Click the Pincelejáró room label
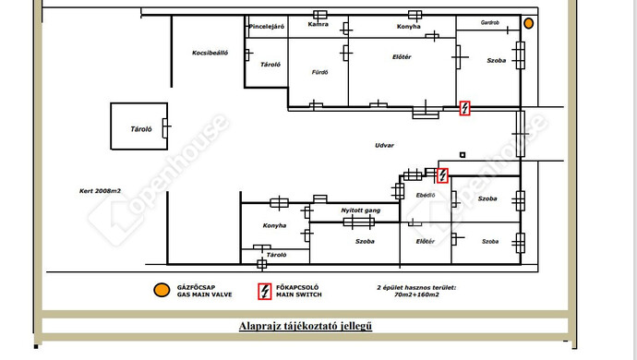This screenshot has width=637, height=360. point(267,27)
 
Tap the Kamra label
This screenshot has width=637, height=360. point(318,24)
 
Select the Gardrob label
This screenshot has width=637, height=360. point(490,23)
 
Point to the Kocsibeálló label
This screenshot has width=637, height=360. point(210,53)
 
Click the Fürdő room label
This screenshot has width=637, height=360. point(319,72)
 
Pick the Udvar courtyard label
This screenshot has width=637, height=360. point(384,145)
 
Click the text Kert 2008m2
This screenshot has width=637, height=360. point(100,190)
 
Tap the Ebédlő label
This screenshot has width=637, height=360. point(426,196)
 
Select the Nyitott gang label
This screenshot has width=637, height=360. point(361,210)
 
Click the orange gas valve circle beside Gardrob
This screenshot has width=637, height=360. point(528,24)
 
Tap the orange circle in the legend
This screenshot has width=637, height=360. point(162,290)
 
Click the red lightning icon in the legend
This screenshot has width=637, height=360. point(265,292)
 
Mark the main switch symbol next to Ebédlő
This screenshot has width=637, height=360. point(442,175)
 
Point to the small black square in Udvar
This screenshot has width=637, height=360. point(463,155)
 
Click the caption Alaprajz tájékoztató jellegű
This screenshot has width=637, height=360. point(306,326)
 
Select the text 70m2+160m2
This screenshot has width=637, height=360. point(416,294)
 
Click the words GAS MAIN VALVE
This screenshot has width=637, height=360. point(204,294)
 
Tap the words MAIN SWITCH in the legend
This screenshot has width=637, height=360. point(299,294)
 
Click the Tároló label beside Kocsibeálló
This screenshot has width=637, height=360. point(270,65)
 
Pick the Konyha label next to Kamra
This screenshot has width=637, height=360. point(409,27)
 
